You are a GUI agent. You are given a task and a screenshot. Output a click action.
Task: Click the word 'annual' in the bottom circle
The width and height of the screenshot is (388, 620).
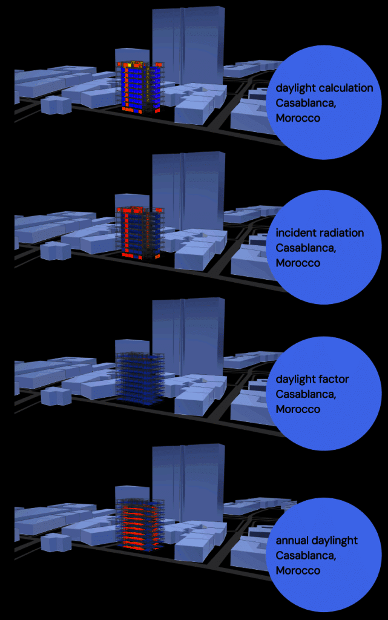pyautogui.click(x=293, y=541)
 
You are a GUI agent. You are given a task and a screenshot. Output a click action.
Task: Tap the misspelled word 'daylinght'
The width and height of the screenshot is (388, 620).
pyautogui.click(x=335, y=541)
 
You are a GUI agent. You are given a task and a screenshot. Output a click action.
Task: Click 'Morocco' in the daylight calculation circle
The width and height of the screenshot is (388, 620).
pyautogui.click(x=298, y=118)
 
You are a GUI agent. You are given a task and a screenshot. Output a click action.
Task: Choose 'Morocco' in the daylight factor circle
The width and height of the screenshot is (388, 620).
pyautogui.click(x=298, y=409)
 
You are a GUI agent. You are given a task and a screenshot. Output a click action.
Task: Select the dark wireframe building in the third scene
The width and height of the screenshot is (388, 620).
pyautogui.click(x=140, y=375)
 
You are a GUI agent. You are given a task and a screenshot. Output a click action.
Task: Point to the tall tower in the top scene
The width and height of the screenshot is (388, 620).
pyautogui.click(x=188, y=45)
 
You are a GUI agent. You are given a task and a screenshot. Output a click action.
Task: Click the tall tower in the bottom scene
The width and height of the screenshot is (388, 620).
pyautogui.click(x=188, y=484)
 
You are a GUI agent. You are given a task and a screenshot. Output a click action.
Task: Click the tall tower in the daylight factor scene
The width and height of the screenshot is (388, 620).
pyautogui.click(x=188, y=339)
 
